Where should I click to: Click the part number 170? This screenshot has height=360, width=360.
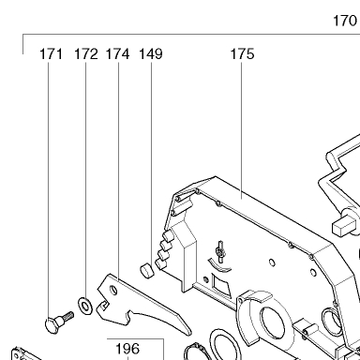pyautogui.click(x=345, y=21)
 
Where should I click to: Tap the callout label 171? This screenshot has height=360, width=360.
pyautogui.click(x=51, y=53)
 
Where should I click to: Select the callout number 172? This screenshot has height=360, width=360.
pyautogui.click(x=86, y=53)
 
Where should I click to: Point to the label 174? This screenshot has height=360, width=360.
pyautogui.click(x=117, y=53)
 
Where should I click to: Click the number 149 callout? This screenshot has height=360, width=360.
pyautogui.click(x=151, y=53)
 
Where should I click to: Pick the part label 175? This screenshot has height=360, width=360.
pyautogui.click(x=243, y=53)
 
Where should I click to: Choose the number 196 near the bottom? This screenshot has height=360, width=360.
pyautogui.click(x=127, y=349)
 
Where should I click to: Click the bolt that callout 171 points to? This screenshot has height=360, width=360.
pyautogui.click(x=59, y=322)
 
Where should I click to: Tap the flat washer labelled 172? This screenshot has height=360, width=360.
pyautogui.click(x=85, y=306)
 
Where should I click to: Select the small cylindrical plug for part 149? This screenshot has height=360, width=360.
pyautogui.click(x=146, y=270)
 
